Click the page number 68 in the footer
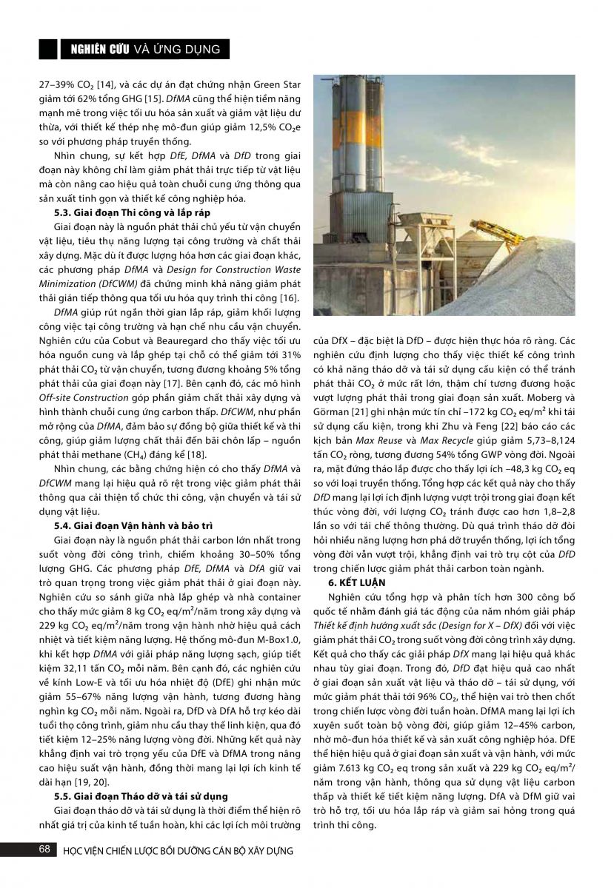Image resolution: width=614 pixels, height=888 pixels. click(44, 849)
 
